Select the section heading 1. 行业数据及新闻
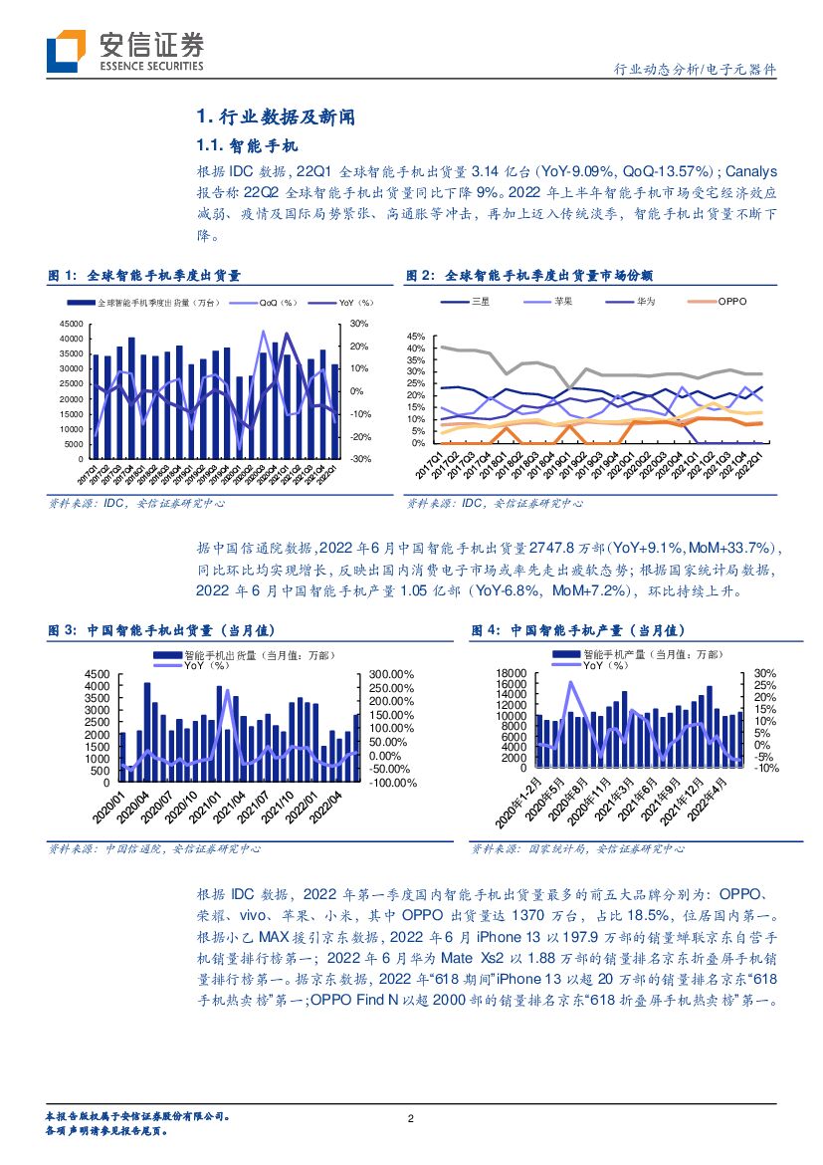click(x=268, y=117)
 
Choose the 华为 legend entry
click(x=646, y=301)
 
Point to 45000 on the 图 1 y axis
click(x=71, y=324)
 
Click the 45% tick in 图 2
click(x=416, y=336)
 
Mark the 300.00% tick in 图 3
click(x=391, y=674)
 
